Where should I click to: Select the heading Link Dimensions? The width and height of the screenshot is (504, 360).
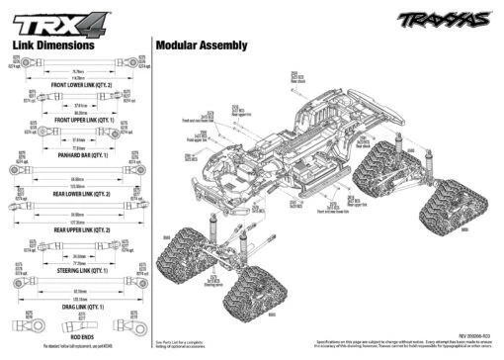[52, 45]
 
